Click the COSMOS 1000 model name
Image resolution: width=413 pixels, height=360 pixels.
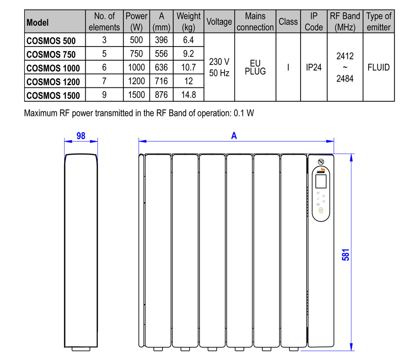pos(53,68)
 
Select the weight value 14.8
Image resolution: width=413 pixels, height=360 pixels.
pos(188,95)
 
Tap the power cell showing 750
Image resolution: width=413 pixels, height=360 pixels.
pos(137,54)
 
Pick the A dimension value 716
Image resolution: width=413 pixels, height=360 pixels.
pos(161,81)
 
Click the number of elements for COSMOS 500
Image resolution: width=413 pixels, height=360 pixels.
pos(104,40)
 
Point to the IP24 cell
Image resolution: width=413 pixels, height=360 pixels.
pos(314,67)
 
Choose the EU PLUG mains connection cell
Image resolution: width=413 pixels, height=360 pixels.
pos(255,67)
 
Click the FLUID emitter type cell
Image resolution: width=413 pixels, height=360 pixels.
pos(378,67)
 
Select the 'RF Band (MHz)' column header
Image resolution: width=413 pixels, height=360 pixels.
pos(345,22)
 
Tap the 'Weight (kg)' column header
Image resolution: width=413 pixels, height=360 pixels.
pos(188,22)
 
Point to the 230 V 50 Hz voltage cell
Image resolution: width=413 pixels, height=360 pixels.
pos(219,67)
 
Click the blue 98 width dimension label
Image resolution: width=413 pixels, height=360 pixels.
pos(81,136)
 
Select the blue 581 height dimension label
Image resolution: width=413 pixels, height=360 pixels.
pos(345,255)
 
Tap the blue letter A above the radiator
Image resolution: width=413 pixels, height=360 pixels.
pos(234,136)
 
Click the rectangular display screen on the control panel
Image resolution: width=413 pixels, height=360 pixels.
pos(321,181)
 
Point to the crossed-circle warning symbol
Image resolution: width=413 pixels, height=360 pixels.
pos(321,162)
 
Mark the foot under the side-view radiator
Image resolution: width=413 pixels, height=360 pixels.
pos(81,349)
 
